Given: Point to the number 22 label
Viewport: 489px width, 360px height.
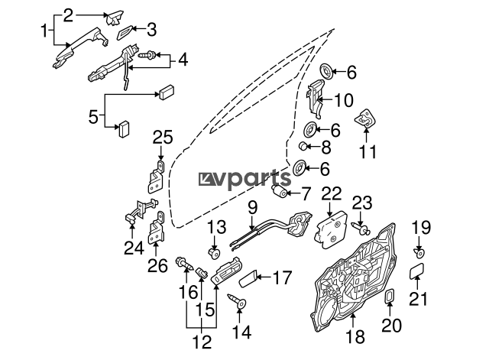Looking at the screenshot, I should [x=332, y=193].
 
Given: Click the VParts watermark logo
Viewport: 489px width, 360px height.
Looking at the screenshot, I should [x=244, y=180].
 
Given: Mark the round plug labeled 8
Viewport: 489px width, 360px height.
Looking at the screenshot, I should [x=303, y=145].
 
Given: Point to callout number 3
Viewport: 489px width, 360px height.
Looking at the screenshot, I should [x=151, y=30].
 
